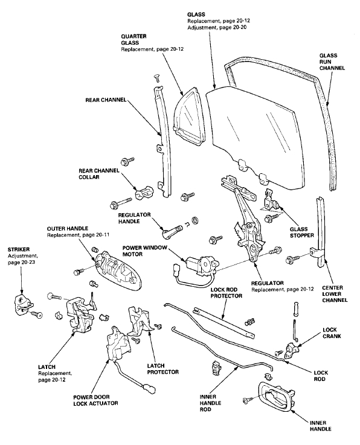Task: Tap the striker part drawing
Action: pyautogui.click(x=25, y=303)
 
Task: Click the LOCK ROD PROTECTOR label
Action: pyautogui.click(x=227, y=293)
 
